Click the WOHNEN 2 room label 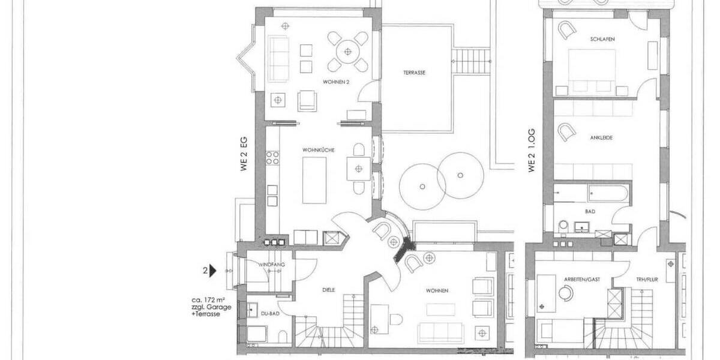click(336, 82)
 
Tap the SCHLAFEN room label click(602, 40)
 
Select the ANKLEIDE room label click(601, 138)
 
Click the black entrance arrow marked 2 click(212, 271)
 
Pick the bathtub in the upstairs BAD click(608, 193)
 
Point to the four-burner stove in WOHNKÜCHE click(272, 157)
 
